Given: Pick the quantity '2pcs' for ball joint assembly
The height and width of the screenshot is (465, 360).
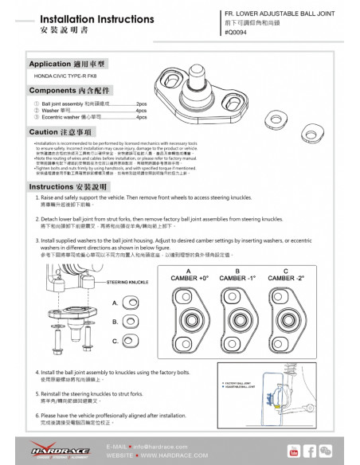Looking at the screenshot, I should tap(142, 104).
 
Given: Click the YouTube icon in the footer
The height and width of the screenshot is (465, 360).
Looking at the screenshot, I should tap(292, 451).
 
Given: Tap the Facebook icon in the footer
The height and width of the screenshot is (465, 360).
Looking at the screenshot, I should tap(311, 451).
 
